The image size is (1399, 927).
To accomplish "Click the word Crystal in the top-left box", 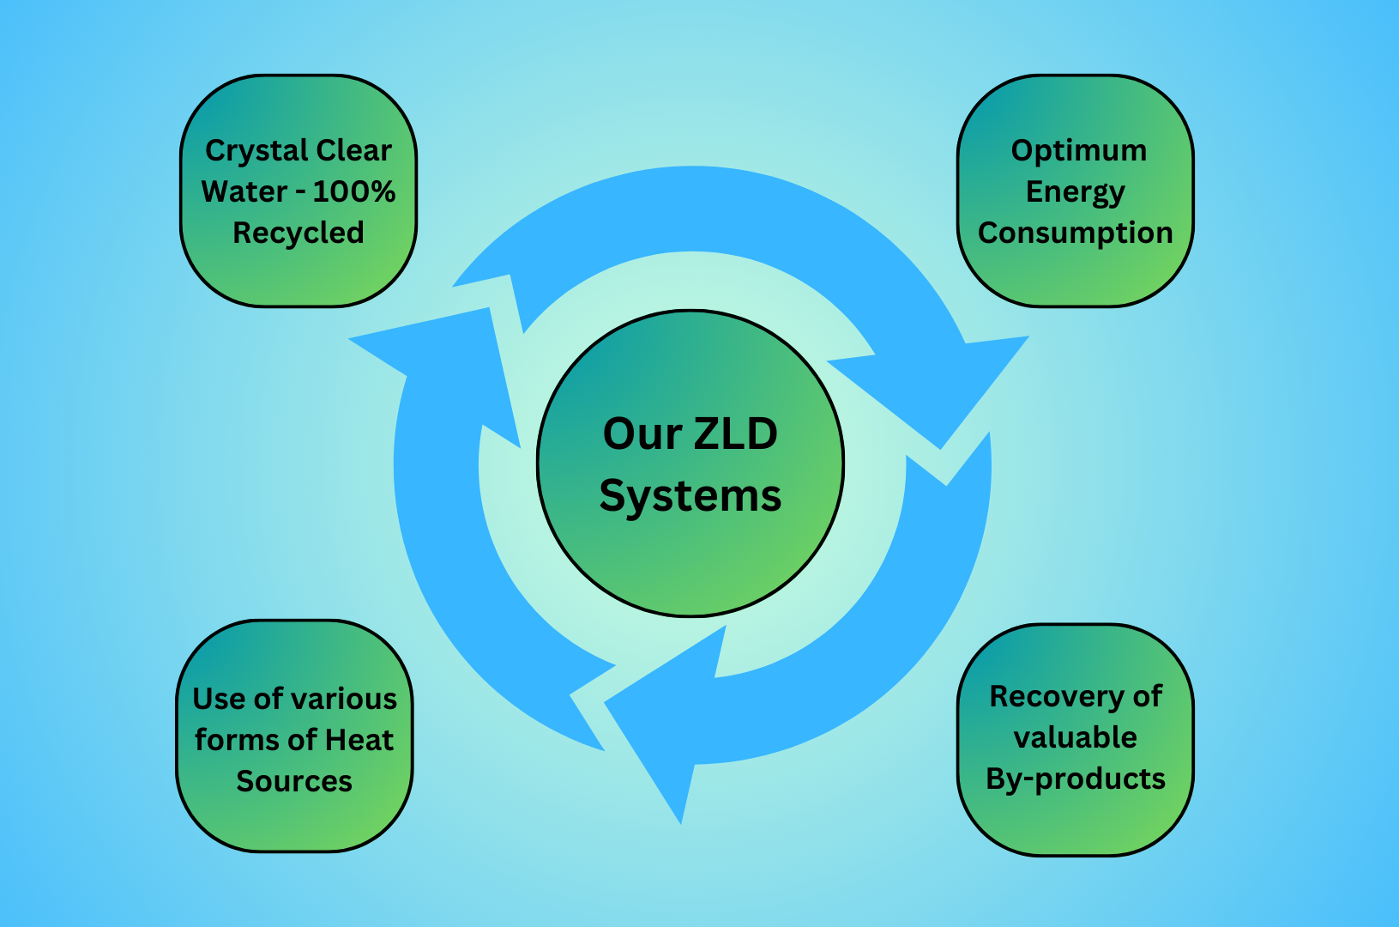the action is click(256, 151).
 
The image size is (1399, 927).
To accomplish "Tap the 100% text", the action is click(354, 191).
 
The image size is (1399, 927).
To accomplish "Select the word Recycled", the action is click(298, 233).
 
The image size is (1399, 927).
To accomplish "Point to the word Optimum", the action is click(1078, 151).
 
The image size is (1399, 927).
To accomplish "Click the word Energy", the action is click(1076, 192).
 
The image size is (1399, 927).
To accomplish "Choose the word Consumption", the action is click(1076, 233).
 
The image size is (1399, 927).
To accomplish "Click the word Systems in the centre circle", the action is click(690, 496).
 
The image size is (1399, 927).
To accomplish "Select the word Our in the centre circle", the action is click(642, 433).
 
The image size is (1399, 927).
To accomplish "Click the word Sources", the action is click(294, 781).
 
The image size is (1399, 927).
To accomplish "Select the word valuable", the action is click(1076, 737).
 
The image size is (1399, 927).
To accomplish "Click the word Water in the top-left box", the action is click(244, 191).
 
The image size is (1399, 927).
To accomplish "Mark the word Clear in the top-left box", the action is click(353, 151).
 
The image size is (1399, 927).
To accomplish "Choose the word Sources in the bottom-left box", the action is click(294, 781).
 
